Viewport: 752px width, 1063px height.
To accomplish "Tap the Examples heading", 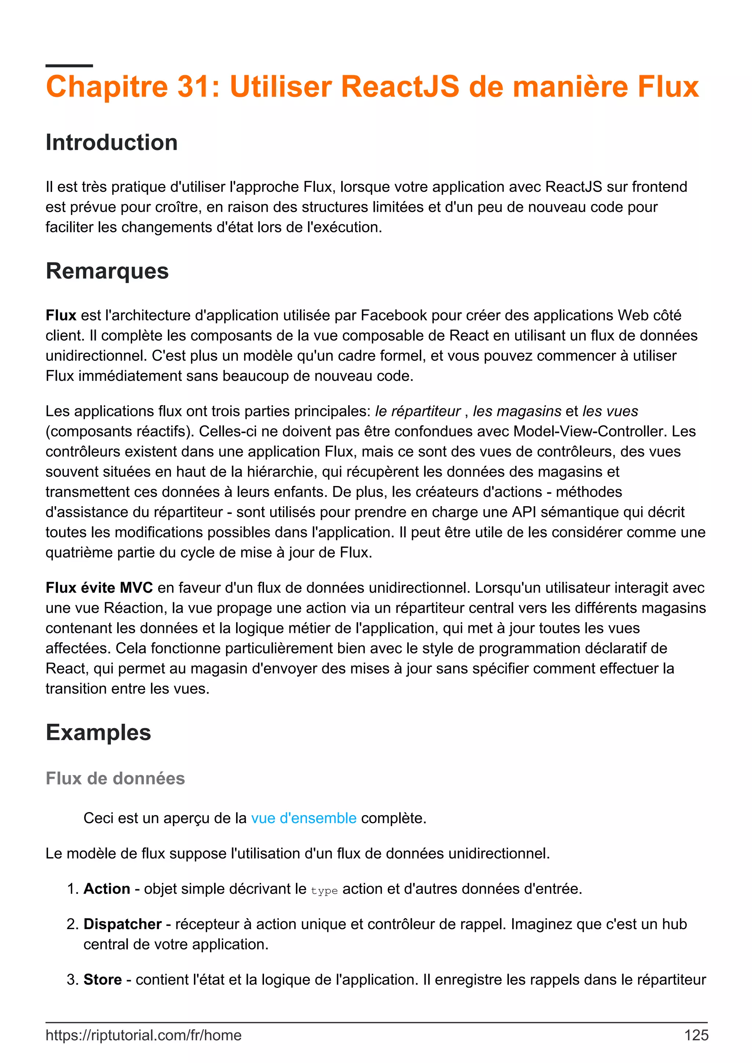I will (98, 733).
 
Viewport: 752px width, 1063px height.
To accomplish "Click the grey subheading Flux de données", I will (115, 778).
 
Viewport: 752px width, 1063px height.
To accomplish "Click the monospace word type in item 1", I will (324, 890).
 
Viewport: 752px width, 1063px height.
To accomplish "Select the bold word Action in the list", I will (106, 889).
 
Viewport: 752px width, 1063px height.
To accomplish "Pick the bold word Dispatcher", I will (122, 924).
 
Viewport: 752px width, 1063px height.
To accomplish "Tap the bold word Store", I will (102, 980).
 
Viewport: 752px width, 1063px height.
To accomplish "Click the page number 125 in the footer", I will (696, 1035).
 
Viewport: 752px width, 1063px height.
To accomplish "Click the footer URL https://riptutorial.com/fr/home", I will (143, 1035).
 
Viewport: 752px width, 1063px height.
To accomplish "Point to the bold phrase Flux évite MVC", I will (99, 588).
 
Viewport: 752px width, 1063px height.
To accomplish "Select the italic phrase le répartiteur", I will (417, 411).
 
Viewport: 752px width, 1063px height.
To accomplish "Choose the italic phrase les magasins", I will (517, 411).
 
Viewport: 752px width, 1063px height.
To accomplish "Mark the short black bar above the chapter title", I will (69, 66).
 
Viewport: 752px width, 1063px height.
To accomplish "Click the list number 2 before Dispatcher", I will (72, 924).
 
